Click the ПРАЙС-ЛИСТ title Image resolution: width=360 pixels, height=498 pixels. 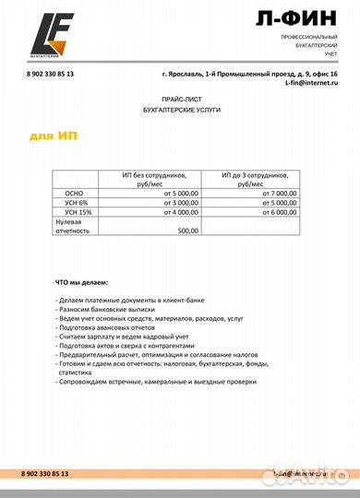pos(180,97)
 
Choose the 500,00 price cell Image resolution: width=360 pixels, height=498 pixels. pos(187,231)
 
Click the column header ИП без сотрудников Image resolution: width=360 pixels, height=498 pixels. pos(153,179)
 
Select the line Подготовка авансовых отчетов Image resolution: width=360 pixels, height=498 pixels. pos(109,328)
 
